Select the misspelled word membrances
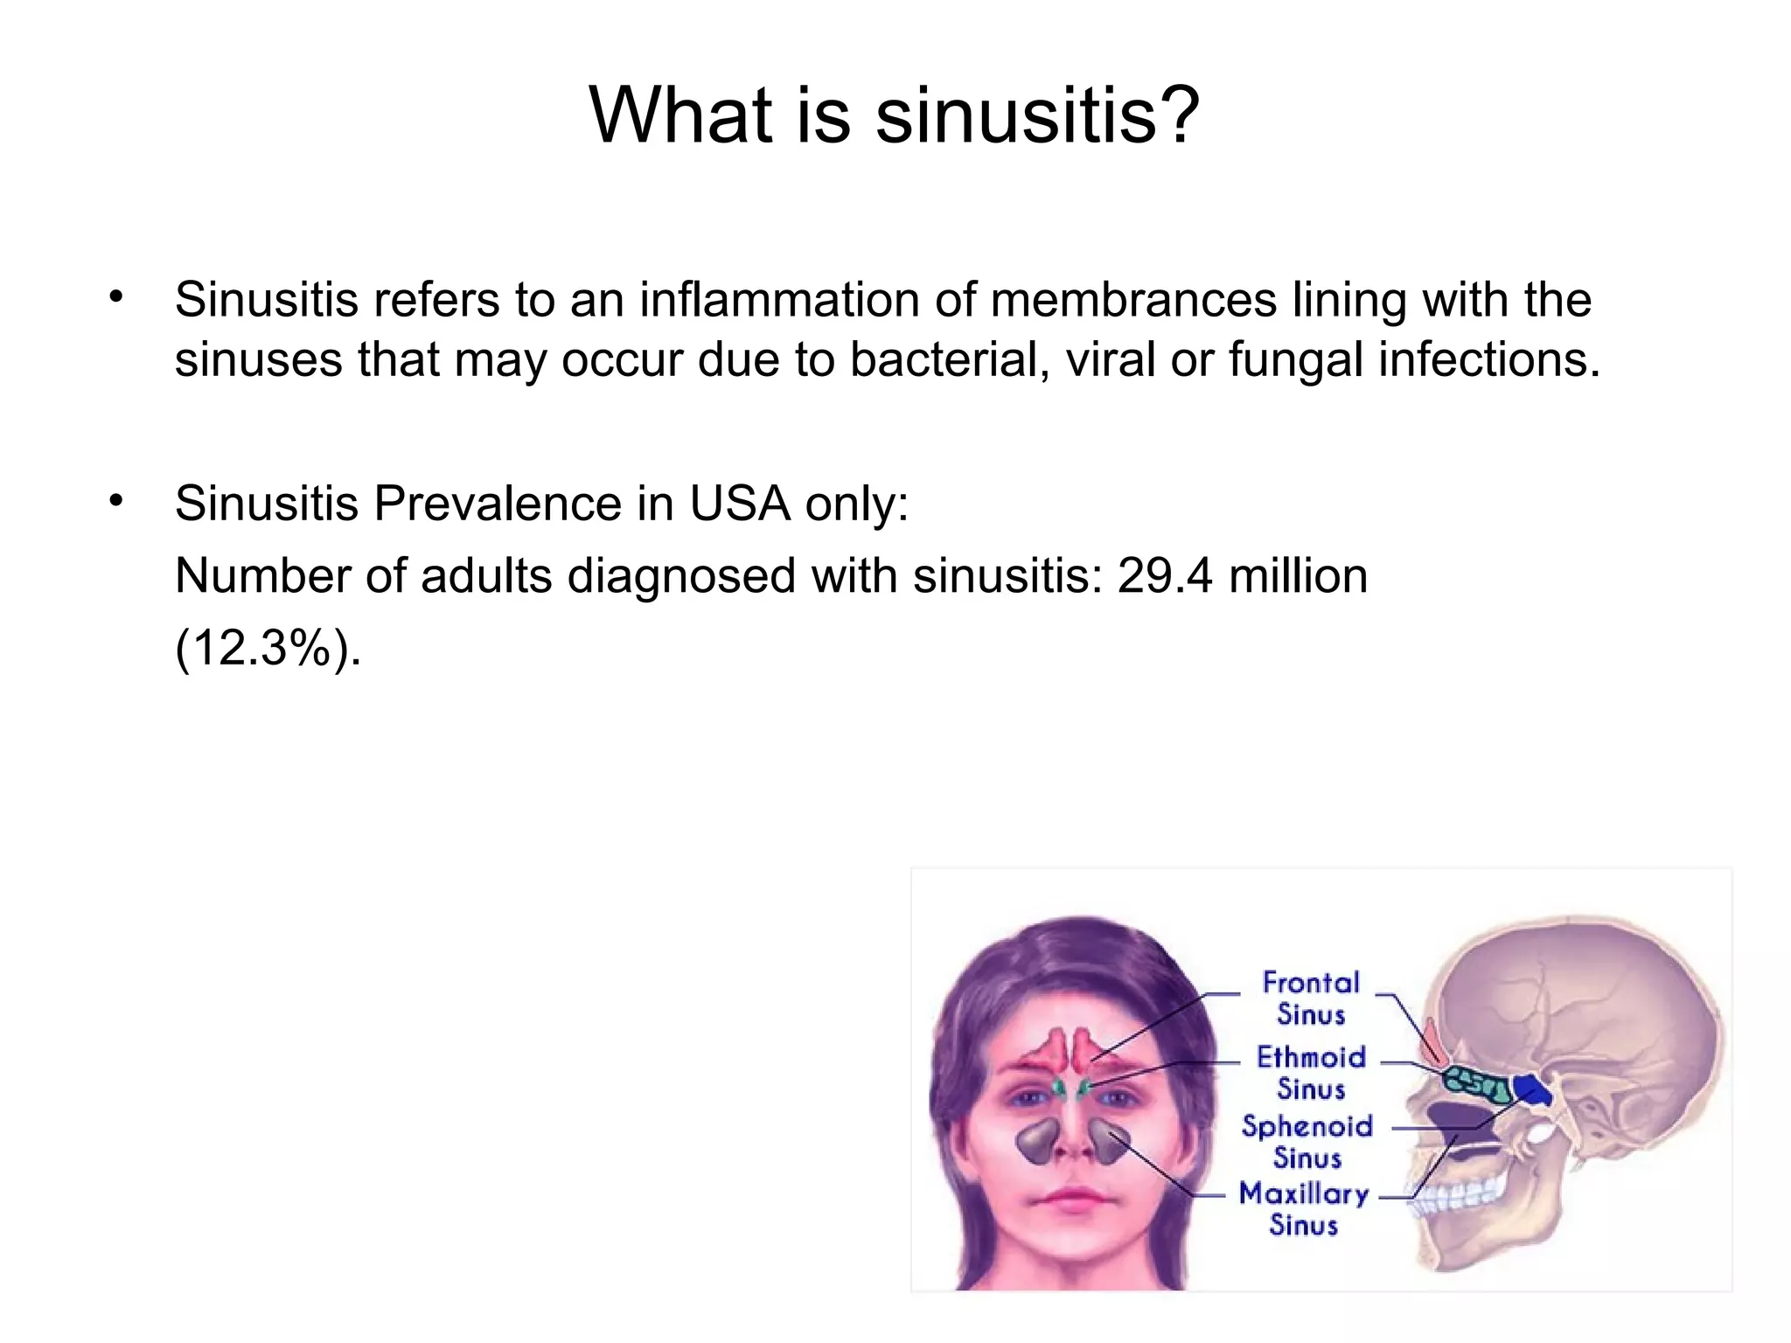click(1133, 299)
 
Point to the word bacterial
click(948, 358)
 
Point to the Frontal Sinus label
click(1310, 998)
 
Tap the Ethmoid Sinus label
click(1310, 1073)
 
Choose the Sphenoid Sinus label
click(1307, 1142)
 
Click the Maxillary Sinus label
click(1303, 1209)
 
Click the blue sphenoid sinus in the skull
click(1531, 1089)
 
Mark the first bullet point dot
click(116, 297)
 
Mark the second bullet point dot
click(116, 501)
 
